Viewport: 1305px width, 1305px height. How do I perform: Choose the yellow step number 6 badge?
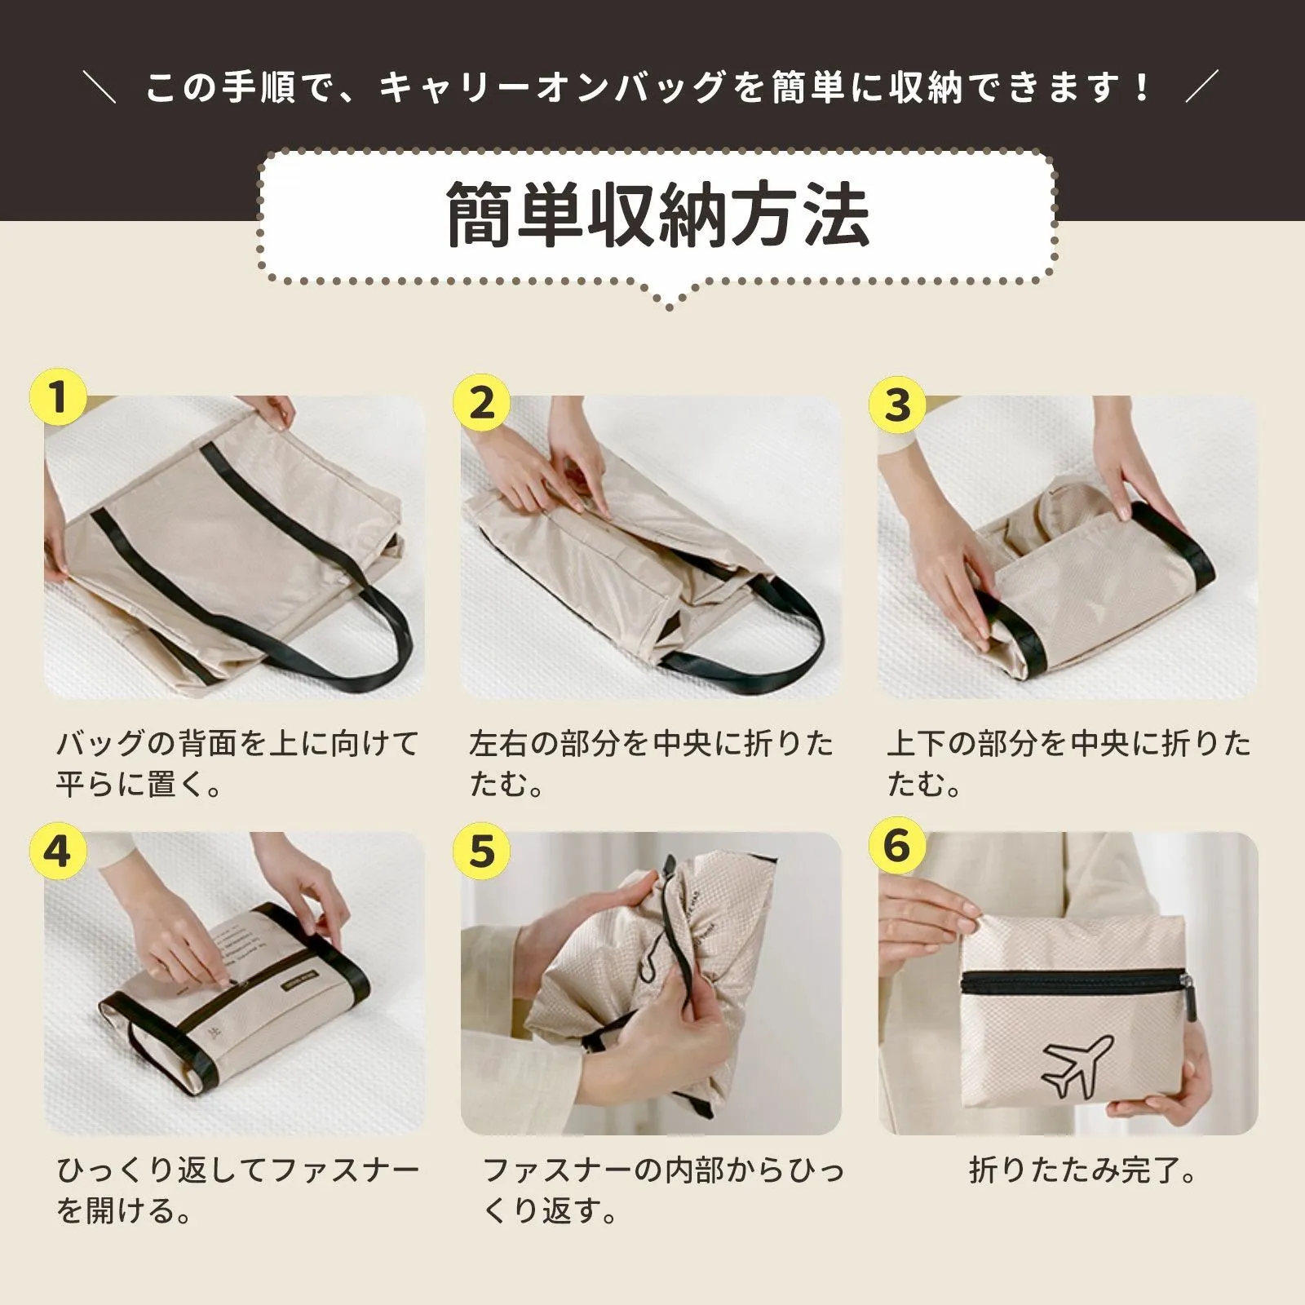[897, 845]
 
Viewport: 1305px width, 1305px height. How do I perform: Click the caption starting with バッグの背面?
[237, 763]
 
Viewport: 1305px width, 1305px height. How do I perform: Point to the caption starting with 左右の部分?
[651, 763]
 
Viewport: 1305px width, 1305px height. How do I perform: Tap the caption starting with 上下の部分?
[1068, 763]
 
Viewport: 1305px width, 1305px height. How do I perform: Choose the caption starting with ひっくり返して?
[237, 1190]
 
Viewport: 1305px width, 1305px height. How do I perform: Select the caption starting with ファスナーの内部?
[663, 1190]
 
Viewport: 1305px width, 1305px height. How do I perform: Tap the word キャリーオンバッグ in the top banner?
[552, 87]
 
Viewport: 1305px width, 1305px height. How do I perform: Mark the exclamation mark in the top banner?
[1141, 87]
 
